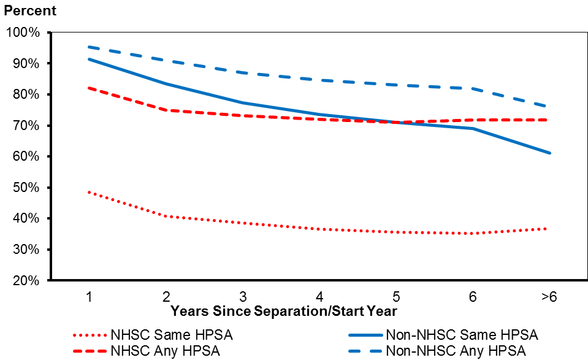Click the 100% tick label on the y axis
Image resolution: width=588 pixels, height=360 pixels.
click(x=23, y=33)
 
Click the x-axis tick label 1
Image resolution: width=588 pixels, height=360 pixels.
click(x=90, y=297)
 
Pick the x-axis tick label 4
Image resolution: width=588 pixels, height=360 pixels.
click(x=320, y=297)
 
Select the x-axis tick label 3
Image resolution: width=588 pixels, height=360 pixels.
click(x=243, y=297)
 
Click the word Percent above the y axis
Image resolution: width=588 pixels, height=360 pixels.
click(x=30, y=11)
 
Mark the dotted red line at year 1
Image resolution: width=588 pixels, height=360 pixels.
click(x=90, y=192)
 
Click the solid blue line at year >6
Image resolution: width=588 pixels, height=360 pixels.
click(x=549, y=153)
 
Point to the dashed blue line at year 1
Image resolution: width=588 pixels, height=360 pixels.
click(x=90, y=47)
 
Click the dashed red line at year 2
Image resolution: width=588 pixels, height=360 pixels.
click(x=166, y=110)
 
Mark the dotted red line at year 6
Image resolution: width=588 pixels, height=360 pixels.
click(x=473, y=233)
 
